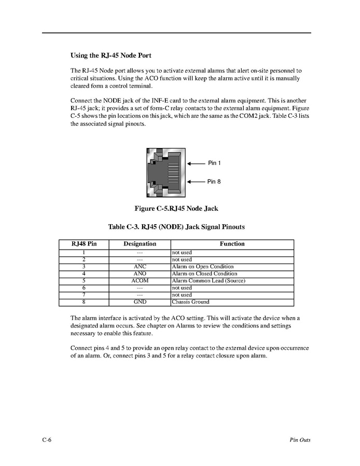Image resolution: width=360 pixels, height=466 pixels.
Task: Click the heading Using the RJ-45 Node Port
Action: point(110,55)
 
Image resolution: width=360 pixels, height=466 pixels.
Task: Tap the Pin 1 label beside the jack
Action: point(214,163)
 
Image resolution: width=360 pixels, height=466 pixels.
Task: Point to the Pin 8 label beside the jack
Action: point(214,182)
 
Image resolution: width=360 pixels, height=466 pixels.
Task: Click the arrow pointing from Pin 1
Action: point(196,163)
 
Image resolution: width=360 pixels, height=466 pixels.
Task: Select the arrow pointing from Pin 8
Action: point(196,182)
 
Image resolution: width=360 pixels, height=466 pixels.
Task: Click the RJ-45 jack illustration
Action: point(165,173)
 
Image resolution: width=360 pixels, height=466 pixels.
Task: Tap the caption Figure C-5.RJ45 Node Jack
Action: point(176,209)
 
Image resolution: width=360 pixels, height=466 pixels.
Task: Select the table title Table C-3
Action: point(176,227)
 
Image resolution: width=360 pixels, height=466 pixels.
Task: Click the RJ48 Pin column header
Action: point(84,244)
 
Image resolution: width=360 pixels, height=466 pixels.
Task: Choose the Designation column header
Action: point(140,244)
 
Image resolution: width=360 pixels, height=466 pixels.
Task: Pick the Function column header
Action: point(232,244)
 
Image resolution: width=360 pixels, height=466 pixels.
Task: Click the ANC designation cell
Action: point(140,267)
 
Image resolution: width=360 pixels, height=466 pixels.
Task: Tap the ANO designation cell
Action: point(140,274)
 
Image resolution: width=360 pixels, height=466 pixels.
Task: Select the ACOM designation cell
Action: point(140,281)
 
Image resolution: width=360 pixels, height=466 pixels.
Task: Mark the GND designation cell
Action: point(140,302)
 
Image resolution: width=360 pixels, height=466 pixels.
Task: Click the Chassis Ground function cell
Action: point(190,302)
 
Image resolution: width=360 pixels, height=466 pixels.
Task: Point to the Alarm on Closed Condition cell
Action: point(204,274)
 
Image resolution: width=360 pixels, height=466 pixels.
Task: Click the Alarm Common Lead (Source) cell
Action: point(208,281)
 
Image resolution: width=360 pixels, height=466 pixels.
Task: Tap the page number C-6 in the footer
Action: point(47,440)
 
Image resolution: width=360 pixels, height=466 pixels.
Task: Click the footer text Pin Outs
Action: point(300,440)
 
